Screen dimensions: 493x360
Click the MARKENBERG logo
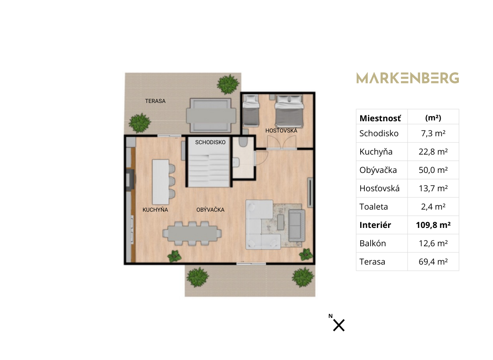point(408,78)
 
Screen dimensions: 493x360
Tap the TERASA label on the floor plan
point(155,101)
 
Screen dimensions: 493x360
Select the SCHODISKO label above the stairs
point(210,142)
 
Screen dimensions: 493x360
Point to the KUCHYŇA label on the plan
point(155,210)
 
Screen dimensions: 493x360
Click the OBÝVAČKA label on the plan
point(210,210)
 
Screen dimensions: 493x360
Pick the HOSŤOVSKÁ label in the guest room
point(281,130)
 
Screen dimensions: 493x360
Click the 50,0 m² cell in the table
point(433,170)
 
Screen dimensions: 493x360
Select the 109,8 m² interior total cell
point(433,225)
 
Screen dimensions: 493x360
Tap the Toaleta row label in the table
point(373,207)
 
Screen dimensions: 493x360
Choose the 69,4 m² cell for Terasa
point(433,262)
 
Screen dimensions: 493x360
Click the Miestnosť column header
point(380,118)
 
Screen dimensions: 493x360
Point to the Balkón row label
point(373,243)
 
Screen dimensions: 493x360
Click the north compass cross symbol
point(339,325)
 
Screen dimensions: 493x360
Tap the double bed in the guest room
point(289,111)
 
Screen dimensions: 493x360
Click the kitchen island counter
point(161,182)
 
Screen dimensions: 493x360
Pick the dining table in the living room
point(192,234)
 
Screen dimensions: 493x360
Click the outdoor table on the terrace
point(211,115)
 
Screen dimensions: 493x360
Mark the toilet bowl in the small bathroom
point(243,142)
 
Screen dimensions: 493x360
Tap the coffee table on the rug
point(281,222)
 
